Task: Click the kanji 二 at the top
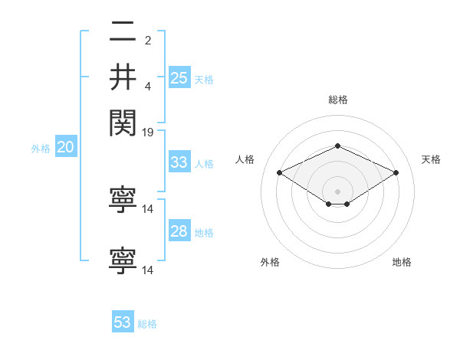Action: click(123, 33)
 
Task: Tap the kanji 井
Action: click(123, 77)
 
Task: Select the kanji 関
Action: click(123, 121)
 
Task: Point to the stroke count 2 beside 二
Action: click(148, 39)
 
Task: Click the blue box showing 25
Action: click(179, 77)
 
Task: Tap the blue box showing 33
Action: click(179, 162)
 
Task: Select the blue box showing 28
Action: click(179, 231)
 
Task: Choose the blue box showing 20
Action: click(66, 148)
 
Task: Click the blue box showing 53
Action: click(123, 322)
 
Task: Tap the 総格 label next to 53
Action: click(147, 324)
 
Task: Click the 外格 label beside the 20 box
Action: click(41, 149)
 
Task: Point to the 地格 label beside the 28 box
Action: click(204, 233)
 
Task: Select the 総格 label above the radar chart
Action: click(337, 100)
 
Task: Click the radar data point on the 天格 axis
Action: click(396, 173)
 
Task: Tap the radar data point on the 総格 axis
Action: click(337, 145)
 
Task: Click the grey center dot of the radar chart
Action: click(337, 190)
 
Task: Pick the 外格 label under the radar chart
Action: click(270, 263)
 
